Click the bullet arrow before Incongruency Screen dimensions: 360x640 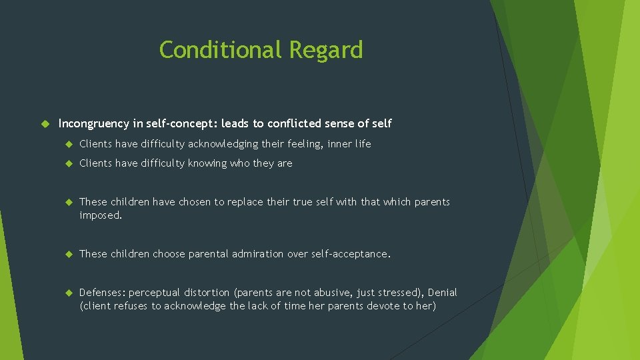[x=46, y=123]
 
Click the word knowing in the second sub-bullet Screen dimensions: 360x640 [x=209, y=163]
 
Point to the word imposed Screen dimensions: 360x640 [x=100, y=215]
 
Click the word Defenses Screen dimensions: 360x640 [x=102, y=293]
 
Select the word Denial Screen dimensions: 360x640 [x=443, y=293]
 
